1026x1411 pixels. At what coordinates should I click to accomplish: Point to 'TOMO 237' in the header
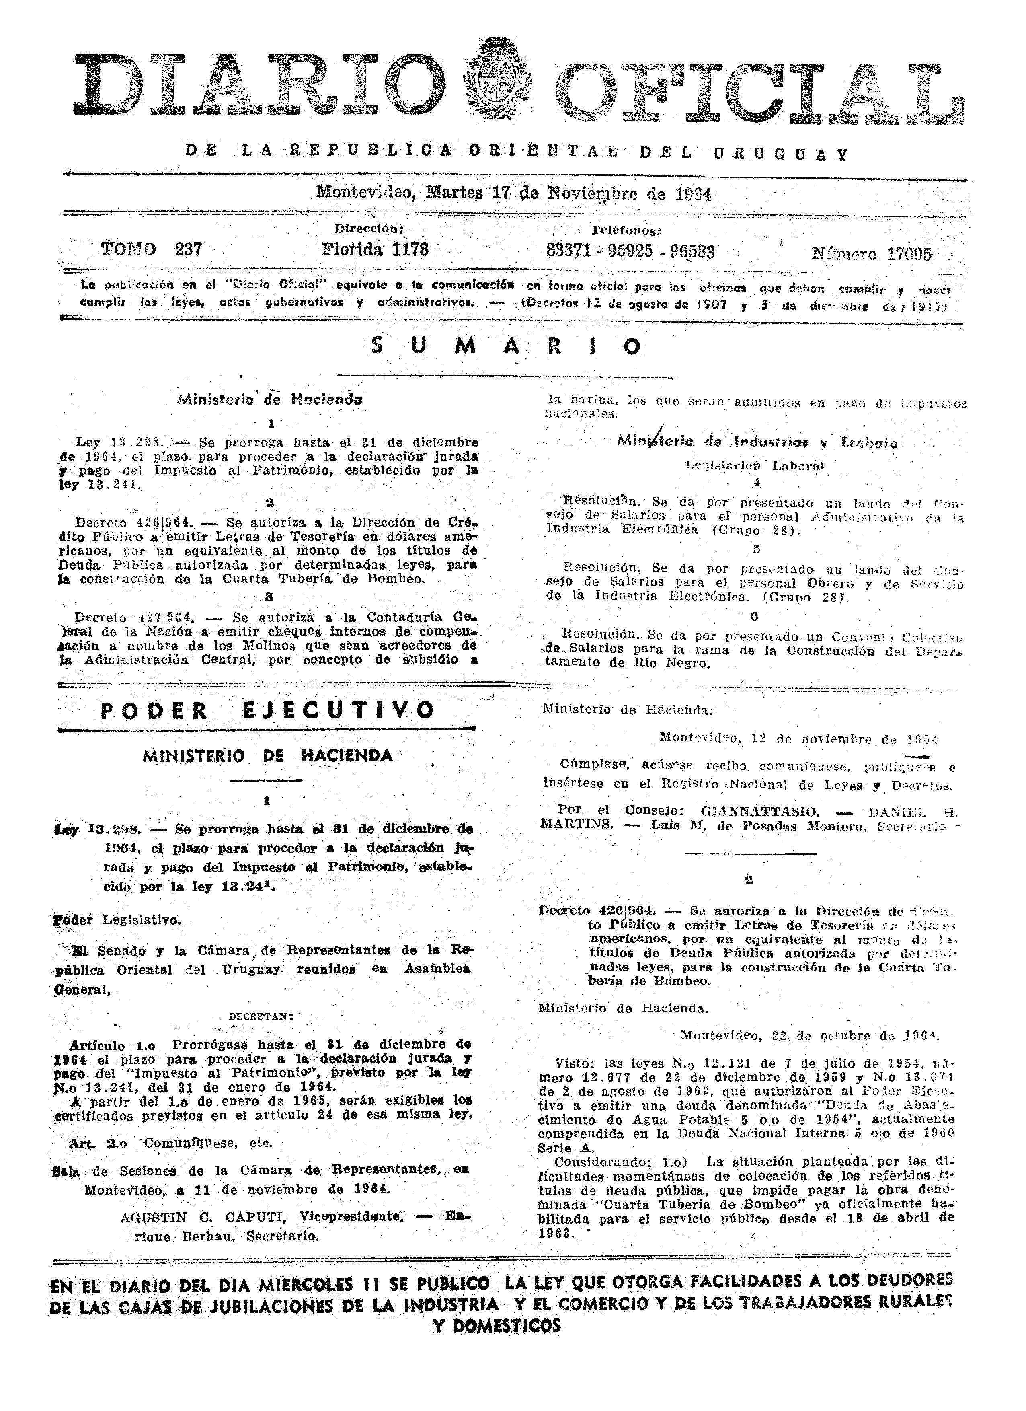tap(151, 249)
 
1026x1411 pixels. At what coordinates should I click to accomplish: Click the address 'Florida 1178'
tap(375, 249)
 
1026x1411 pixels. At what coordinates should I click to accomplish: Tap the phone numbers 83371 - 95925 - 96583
tap(630, 251)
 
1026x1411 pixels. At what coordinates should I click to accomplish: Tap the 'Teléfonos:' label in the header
tap(625, 230)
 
